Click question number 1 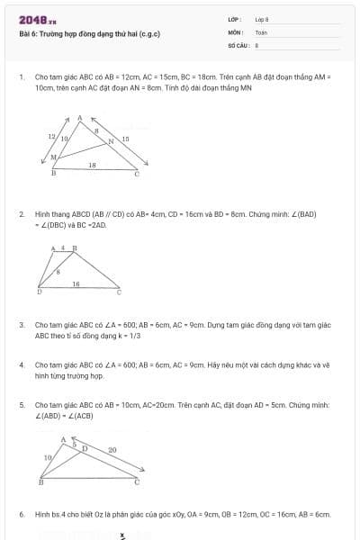(21, 77)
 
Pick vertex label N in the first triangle (112, 141)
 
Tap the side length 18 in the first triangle (92, 166)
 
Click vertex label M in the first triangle (53, 157)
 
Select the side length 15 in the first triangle (125, 138)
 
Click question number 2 (21, 213)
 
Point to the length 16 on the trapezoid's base (76, 283)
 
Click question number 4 (21, 364)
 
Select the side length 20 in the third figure (112, 449)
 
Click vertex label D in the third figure (85, 446)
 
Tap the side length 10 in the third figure (47, 458)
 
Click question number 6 (21, 514)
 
